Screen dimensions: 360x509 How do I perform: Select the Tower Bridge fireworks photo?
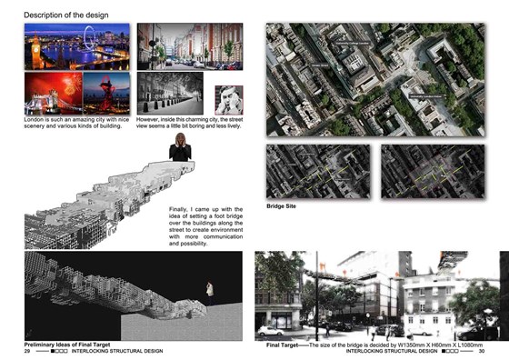pyautogui.click(x=52, y=93)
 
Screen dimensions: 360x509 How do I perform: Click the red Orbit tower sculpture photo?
pyautogui.click(x=107, y=93)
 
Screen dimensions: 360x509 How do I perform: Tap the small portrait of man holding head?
pyautogui.click(x=228, y=99)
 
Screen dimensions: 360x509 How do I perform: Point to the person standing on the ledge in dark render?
pyautogui.click(x=210, y=292)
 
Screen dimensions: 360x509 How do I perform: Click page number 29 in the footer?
pyautogui.click(x=27, y=353)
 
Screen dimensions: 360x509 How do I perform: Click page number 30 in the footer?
pyautogui.click(x=482, y=353)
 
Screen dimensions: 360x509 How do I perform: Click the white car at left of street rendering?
pyautogui.click(x=272, y=330)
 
